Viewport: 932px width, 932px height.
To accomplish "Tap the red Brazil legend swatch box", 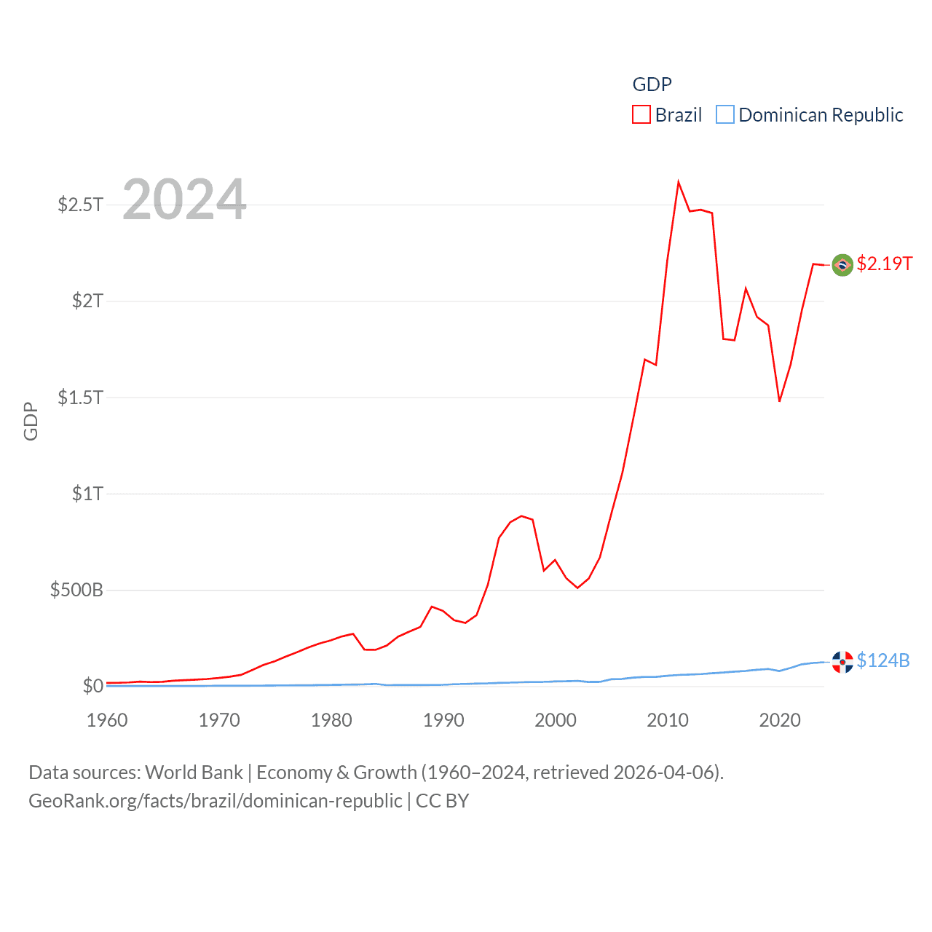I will click(641, 115).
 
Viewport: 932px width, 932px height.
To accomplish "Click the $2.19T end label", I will click(884, 264).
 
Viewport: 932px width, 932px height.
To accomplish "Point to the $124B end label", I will click(882, 660).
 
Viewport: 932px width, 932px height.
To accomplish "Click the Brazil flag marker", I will click(842, 265).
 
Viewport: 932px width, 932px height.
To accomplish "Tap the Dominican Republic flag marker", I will click(842, 662).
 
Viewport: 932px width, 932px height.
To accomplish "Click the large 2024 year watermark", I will click(184, 199).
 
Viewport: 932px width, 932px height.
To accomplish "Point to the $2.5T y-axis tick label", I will click(80, 205).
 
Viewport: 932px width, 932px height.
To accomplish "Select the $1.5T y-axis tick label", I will click(80, 398).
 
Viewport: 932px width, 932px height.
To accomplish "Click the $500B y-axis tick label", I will click(76, 590).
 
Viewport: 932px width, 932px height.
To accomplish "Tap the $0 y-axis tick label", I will click(92, 686).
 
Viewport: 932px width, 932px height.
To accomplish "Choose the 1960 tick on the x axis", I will click(107, 720).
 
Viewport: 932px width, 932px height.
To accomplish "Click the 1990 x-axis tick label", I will click(443, 720).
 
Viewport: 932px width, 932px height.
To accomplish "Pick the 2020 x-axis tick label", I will click(780, 720).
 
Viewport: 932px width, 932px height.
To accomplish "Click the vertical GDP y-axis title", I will click(31, 421).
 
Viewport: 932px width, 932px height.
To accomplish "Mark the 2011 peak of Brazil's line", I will click(679, 182).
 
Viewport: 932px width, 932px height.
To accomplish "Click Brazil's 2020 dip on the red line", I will click(780, 401).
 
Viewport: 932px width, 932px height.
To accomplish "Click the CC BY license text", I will click(442, 801).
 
